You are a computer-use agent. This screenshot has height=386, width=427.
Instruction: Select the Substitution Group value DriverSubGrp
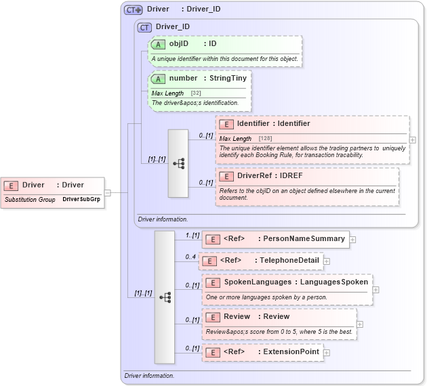click(81, 200)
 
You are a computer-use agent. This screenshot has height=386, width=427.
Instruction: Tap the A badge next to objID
click(158, 44)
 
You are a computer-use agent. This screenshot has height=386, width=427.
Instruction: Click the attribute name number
click(183, 78)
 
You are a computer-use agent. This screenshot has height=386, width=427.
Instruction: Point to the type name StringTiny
click(228, 78)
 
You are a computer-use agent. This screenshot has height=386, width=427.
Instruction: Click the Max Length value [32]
click(196, 93)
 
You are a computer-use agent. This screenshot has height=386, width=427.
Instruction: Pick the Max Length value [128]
click(265, 138)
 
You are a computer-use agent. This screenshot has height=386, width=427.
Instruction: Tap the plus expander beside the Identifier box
click(413, 140)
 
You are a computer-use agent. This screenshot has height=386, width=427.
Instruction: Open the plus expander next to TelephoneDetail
click(327, 261)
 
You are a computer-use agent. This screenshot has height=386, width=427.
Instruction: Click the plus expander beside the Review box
click(360, 324)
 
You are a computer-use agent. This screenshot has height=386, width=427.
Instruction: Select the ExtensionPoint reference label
click(291, 352)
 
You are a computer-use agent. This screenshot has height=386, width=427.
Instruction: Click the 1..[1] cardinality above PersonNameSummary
click(192, 234)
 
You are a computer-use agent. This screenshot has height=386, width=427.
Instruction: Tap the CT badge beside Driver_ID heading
click(144, 28)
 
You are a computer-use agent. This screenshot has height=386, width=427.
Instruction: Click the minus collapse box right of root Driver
click(108, 192)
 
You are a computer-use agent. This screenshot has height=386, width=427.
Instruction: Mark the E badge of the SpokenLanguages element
click(212, 282)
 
